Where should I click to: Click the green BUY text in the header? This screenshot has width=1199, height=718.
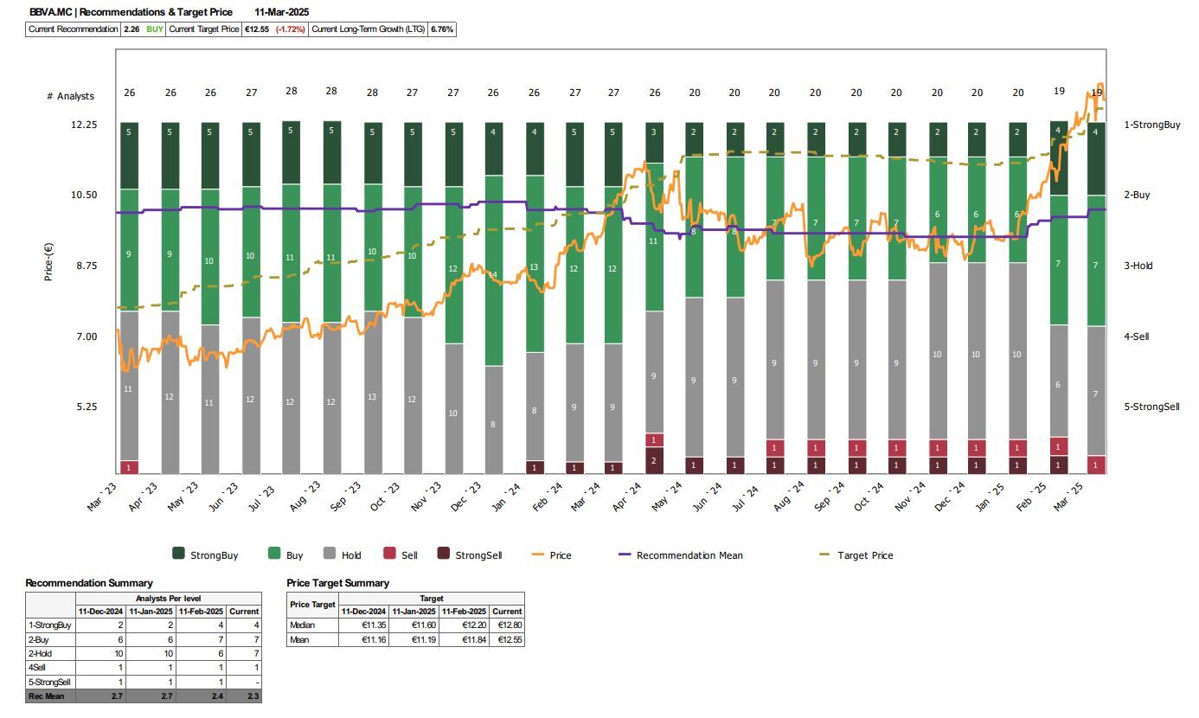pos(155,29)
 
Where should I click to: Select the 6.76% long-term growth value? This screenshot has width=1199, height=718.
pos(442,29)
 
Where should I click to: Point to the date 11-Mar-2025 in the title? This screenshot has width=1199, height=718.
pos(282,12)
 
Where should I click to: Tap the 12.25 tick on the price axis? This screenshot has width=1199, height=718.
pos(84,125)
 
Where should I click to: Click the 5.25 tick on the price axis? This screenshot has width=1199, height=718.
pos(84,407)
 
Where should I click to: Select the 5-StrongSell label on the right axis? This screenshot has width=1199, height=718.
pos(1151,407)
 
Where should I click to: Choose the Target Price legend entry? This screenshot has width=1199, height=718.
pos(865,555)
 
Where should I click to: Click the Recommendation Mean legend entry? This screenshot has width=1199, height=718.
pos(689,555)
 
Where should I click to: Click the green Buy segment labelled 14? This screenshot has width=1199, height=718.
pos(493,275)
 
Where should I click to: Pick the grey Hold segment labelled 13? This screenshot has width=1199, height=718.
pos(372,397)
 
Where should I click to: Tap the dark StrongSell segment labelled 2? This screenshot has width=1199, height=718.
pos(654,460)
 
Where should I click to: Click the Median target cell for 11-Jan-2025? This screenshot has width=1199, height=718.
pos(414,625)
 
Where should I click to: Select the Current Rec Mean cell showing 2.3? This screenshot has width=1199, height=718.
pos(244,696)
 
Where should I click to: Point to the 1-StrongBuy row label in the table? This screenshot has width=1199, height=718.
pos(50,625)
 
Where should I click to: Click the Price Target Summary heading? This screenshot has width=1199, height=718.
pos(337,583)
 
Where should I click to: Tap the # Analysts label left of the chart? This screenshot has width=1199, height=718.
pos(70,96)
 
